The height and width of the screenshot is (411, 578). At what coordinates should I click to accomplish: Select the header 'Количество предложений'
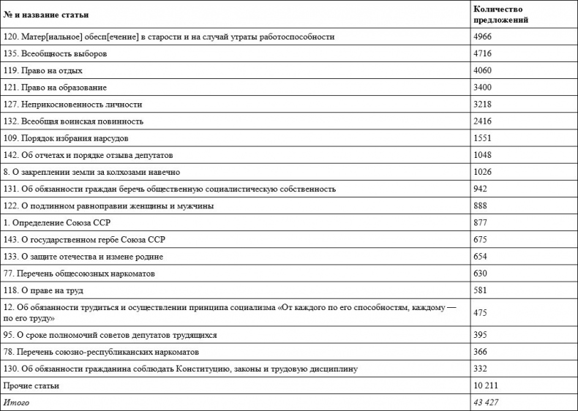501,15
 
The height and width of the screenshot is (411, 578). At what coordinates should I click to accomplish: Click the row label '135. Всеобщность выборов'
56,53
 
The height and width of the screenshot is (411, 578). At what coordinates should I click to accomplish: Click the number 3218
484,105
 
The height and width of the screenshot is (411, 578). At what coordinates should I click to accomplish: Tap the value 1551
484,138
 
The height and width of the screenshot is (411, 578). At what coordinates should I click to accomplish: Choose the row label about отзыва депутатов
88,155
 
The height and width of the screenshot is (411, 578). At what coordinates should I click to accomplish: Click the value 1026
484,172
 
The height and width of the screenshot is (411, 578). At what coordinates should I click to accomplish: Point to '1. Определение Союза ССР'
57,222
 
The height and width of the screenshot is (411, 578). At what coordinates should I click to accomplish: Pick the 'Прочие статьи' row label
31,385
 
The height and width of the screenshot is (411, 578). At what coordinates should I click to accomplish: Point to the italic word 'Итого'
17,402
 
